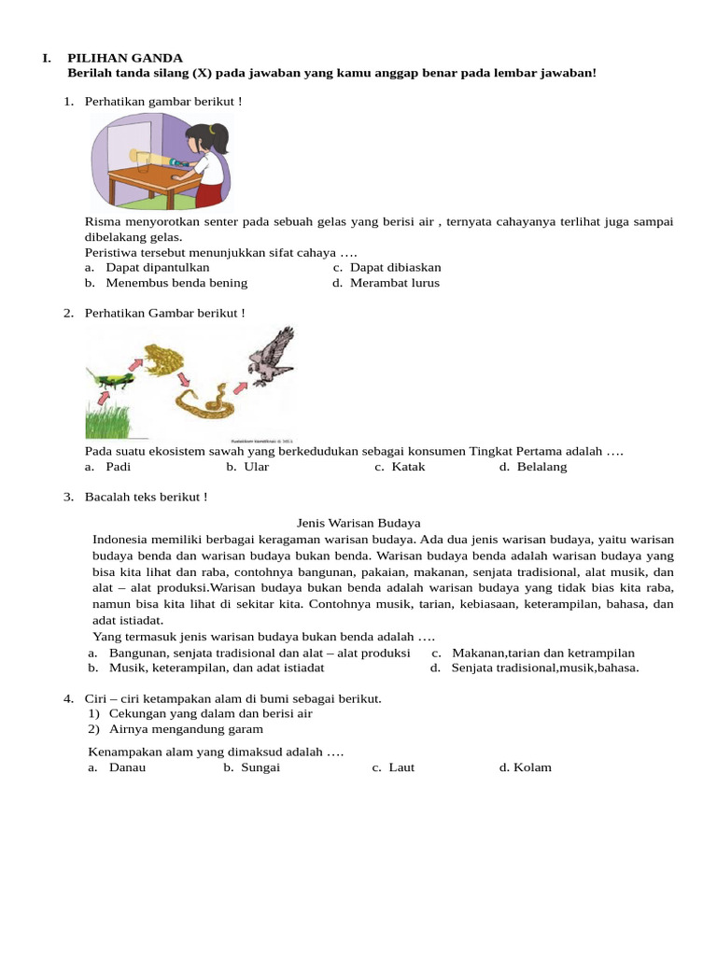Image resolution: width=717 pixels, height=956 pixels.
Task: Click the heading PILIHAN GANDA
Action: coord(125,58)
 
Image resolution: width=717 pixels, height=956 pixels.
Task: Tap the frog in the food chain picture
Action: coord(165,358)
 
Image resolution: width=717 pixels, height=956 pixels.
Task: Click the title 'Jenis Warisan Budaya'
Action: coord(358,523)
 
